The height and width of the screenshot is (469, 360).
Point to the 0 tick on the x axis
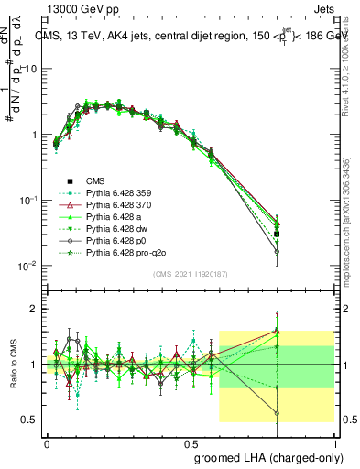47,441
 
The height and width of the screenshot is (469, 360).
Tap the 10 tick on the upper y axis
27,69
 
